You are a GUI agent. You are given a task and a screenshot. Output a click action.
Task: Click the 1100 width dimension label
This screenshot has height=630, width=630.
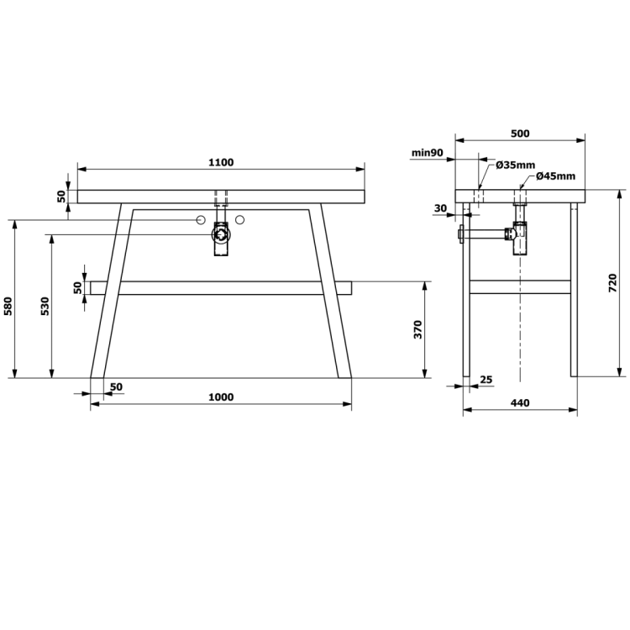coord(221,162)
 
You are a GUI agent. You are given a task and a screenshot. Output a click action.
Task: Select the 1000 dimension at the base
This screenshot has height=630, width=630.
coord(221,397)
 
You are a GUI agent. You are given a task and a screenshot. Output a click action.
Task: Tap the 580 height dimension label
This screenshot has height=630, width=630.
coord(9,306)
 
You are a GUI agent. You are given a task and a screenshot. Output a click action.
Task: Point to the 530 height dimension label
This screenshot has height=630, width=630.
coord(45,306)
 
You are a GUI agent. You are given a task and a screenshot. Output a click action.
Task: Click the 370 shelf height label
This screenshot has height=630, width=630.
coord(417,329)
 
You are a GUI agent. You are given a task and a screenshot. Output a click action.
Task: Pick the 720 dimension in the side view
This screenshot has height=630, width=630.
coord(612,283)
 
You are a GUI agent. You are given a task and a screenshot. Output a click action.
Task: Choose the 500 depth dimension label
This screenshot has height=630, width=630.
coord(520,134)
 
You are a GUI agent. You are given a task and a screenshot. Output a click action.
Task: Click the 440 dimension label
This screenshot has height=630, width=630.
coord(520,402)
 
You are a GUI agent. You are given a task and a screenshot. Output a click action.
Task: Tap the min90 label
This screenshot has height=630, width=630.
coord(427,153)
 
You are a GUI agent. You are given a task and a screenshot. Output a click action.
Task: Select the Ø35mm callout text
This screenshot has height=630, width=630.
coord(516,165)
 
